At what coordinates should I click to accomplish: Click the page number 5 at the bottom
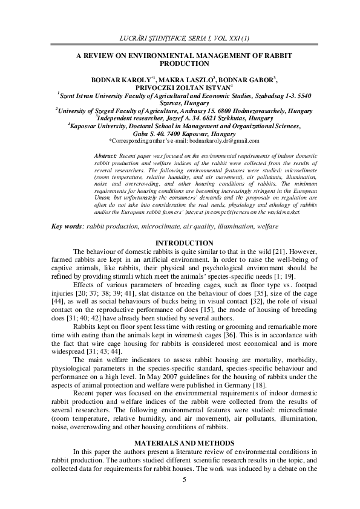[x=183, y=496]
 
